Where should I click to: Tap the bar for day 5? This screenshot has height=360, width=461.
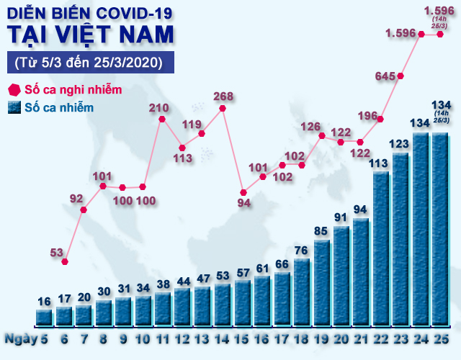click(x=44, y=317)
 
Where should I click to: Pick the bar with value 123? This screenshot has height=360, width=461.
click(x=400, y=238)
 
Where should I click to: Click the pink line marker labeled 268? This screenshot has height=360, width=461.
click(x=223, y=109)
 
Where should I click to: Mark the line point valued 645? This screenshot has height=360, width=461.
click(x=400, y=76)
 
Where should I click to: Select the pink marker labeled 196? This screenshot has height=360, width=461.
click(x=381, y=119)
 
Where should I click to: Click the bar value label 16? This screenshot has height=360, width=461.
click(x=44, y=302)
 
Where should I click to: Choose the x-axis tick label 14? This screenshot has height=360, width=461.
click(x=222, y=338)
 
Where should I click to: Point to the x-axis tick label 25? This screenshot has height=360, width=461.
click(x=441, y=338)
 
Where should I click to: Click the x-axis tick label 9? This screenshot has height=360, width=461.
click(x=124, y=338)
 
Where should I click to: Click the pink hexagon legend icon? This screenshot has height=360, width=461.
click(x=14, y=90)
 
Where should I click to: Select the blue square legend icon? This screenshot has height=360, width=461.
click(x=14, y=108)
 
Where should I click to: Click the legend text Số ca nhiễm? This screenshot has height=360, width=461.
click(x=59, y=108)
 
